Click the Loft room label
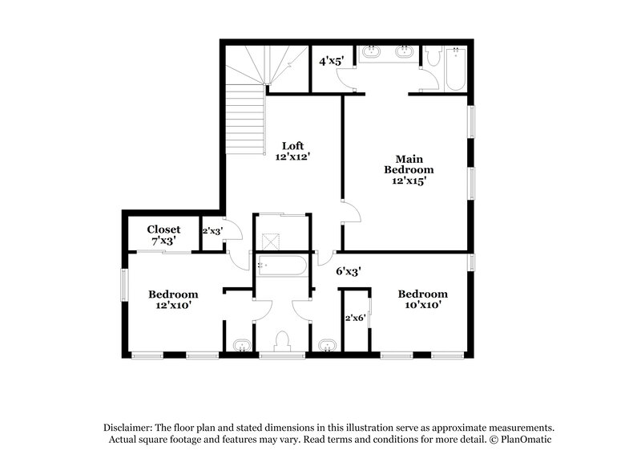292,145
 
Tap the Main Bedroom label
409,164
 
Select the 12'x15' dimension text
409,181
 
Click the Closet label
163,229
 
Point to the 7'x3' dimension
163,241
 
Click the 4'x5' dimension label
331,61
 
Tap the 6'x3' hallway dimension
349,271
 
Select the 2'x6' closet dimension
354,318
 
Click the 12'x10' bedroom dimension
172,305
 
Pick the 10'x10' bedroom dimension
423,305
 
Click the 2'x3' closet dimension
212,231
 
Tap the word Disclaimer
127,428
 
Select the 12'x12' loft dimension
292,157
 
